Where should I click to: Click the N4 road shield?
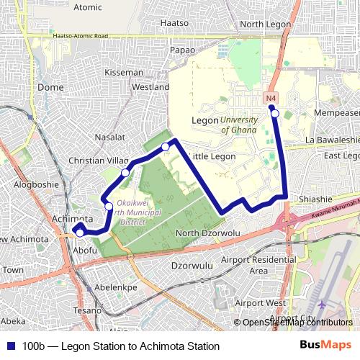point(271,98)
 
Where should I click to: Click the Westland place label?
point(150,87)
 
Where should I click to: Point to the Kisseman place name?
point(123,73)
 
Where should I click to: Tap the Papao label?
point(181,50)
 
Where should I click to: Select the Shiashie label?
point(314,200)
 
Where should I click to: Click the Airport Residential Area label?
point(248,264)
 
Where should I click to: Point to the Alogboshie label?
point(33,184)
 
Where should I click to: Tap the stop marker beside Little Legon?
point(166,147)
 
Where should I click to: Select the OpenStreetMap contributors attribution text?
point(297,323)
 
